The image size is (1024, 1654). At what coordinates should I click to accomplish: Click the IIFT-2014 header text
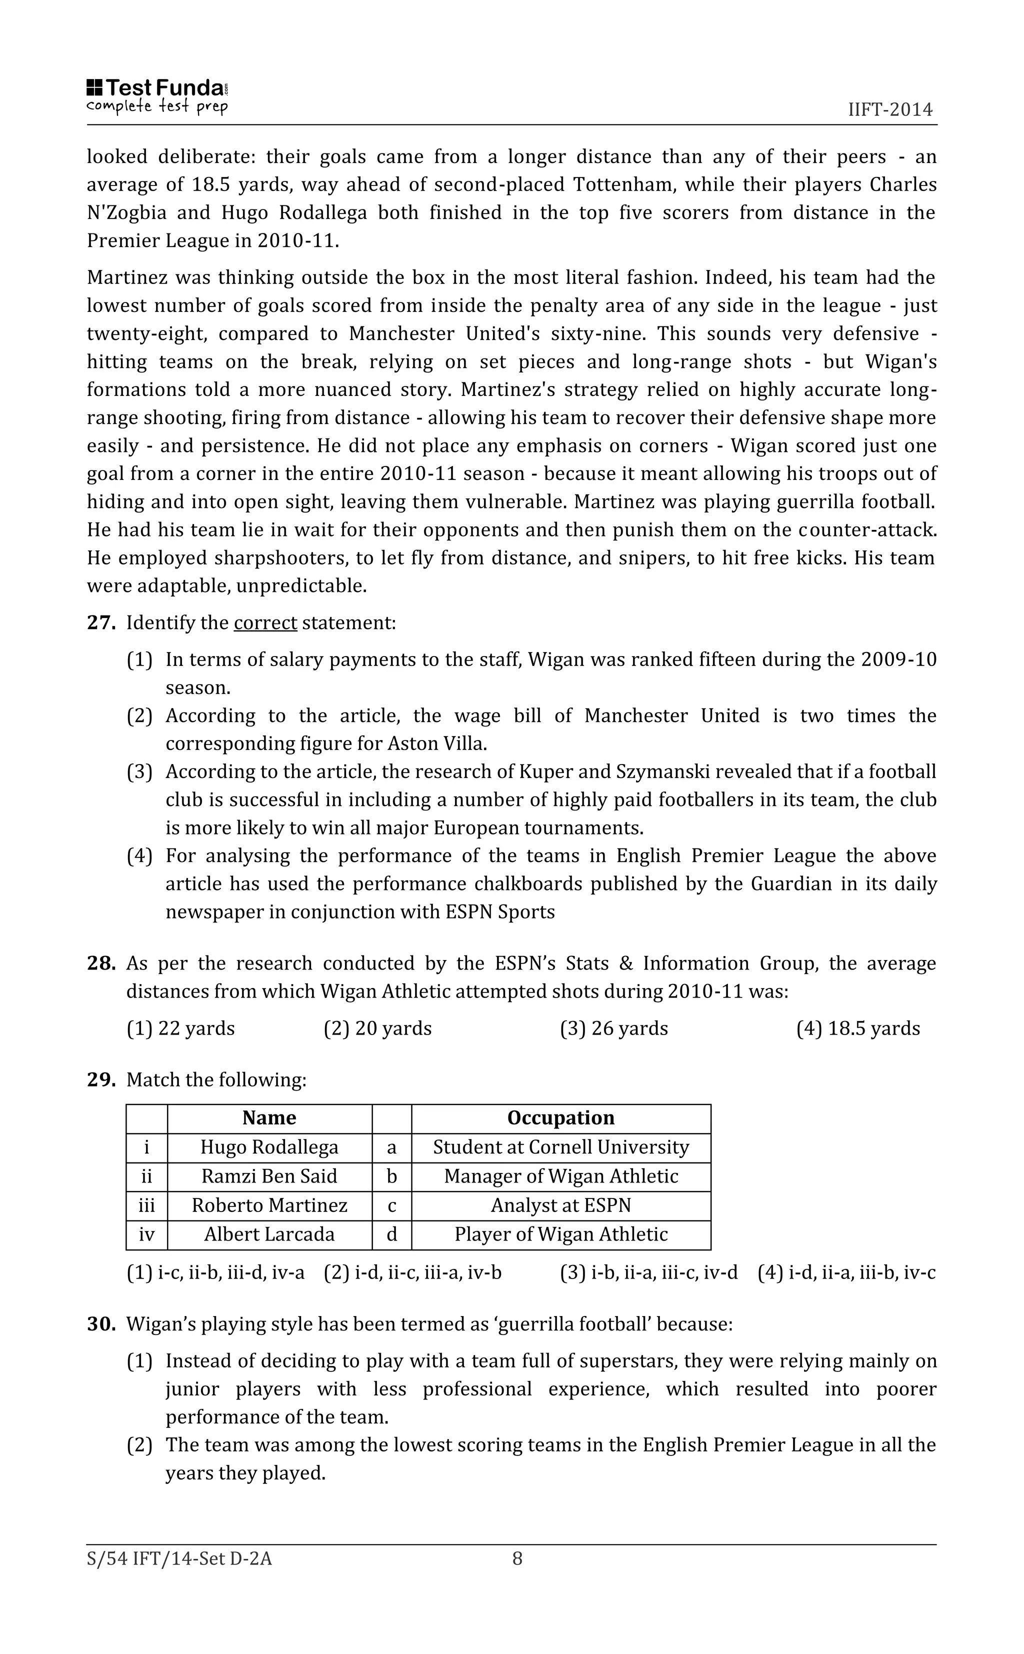tap(890, 109)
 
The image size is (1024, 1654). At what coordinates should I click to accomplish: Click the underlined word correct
tap(265, 623)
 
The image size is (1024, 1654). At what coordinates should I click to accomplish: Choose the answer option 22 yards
tap(181, 1028)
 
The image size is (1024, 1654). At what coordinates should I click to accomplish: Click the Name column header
tap(269, 1118)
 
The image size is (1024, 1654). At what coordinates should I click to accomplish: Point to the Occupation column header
tap(561, 1118)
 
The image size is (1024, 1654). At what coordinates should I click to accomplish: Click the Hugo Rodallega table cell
tap(269, 1147)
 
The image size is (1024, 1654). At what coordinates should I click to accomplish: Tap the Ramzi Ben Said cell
tap(269, 1176)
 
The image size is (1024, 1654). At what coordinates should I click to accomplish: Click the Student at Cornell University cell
tap(561, 1147)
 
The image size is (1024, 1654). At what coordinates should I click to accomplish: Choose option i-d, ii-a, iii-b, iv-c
tap(846, 1273)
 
